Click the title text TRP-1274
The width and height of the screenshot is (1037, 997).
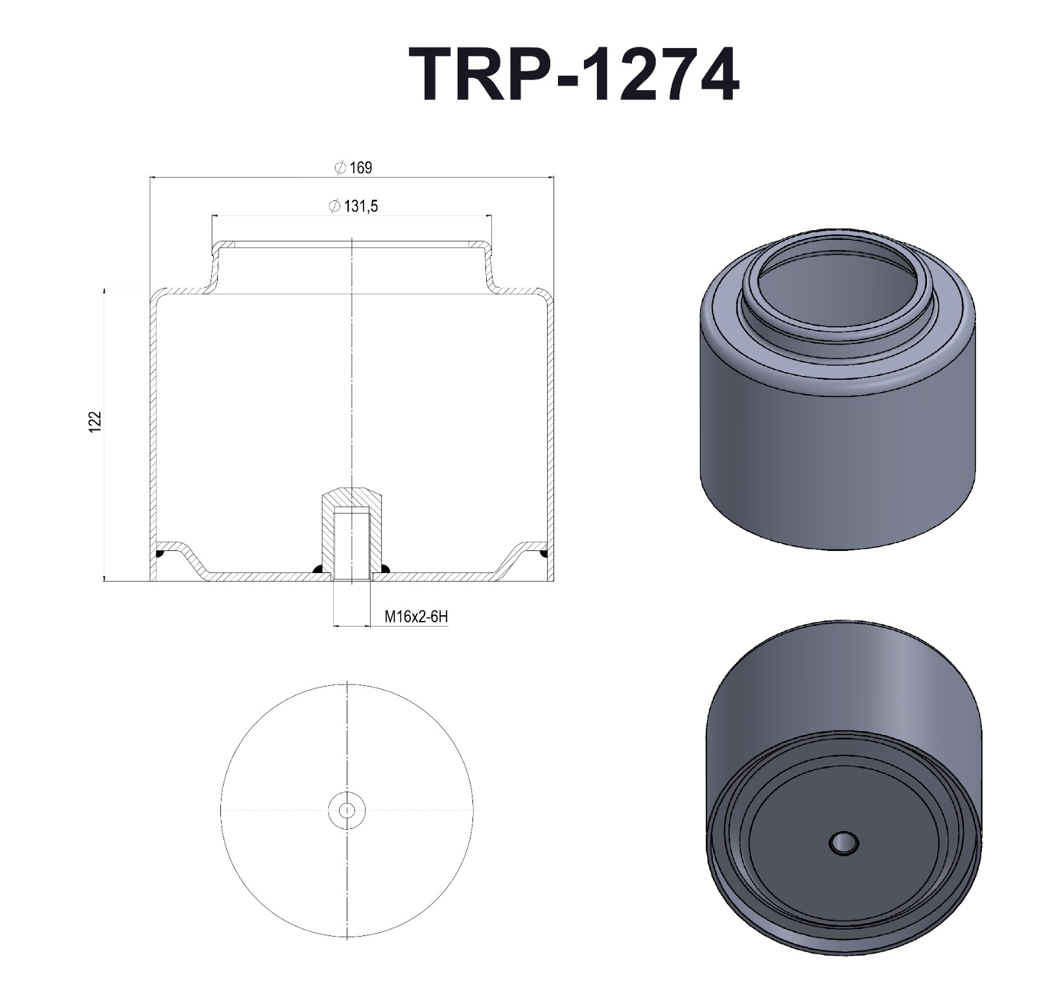pyautogui.click(x=574, y=75)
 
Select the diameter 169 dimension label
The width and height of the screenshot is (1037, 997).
pyautogui.click(x=354, y=168)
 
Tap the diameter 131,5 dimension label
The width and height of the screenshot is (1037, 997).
pyautogui.click(x=354, y=207)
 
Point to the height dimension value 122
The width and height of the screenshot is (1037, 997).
pyautogui.click(x=96, y=421)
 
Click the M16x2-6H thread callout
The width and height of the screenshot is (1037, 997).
pyautogui.click(x=415, y=616)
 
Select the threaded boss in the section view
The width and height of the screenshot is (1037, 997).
pyautogui.click(x=352, y=532)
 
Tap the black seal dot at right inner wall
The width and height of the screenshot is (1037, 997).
pyautogui.click(x=544, y=554)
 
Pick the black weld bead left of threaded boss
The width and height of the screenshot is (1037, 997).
pyautogui.click(x=318, y=569)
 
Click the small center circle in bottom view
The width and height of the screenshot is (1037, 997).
pyautogui.click(x=347, y=810)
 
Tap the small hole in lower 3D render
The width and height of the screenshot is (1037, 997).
pyautogui.click(x=844, y=843)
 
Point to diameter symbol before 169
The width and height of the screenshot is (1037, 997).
pyautogui.click(x=340, y=168)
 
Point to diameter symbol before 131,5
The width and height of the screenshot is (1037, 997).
pyautogui.click(x=334, y=207)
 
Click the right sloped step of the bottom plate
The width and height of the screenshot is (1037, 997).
pyautogui.click(x=509, y=561)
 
